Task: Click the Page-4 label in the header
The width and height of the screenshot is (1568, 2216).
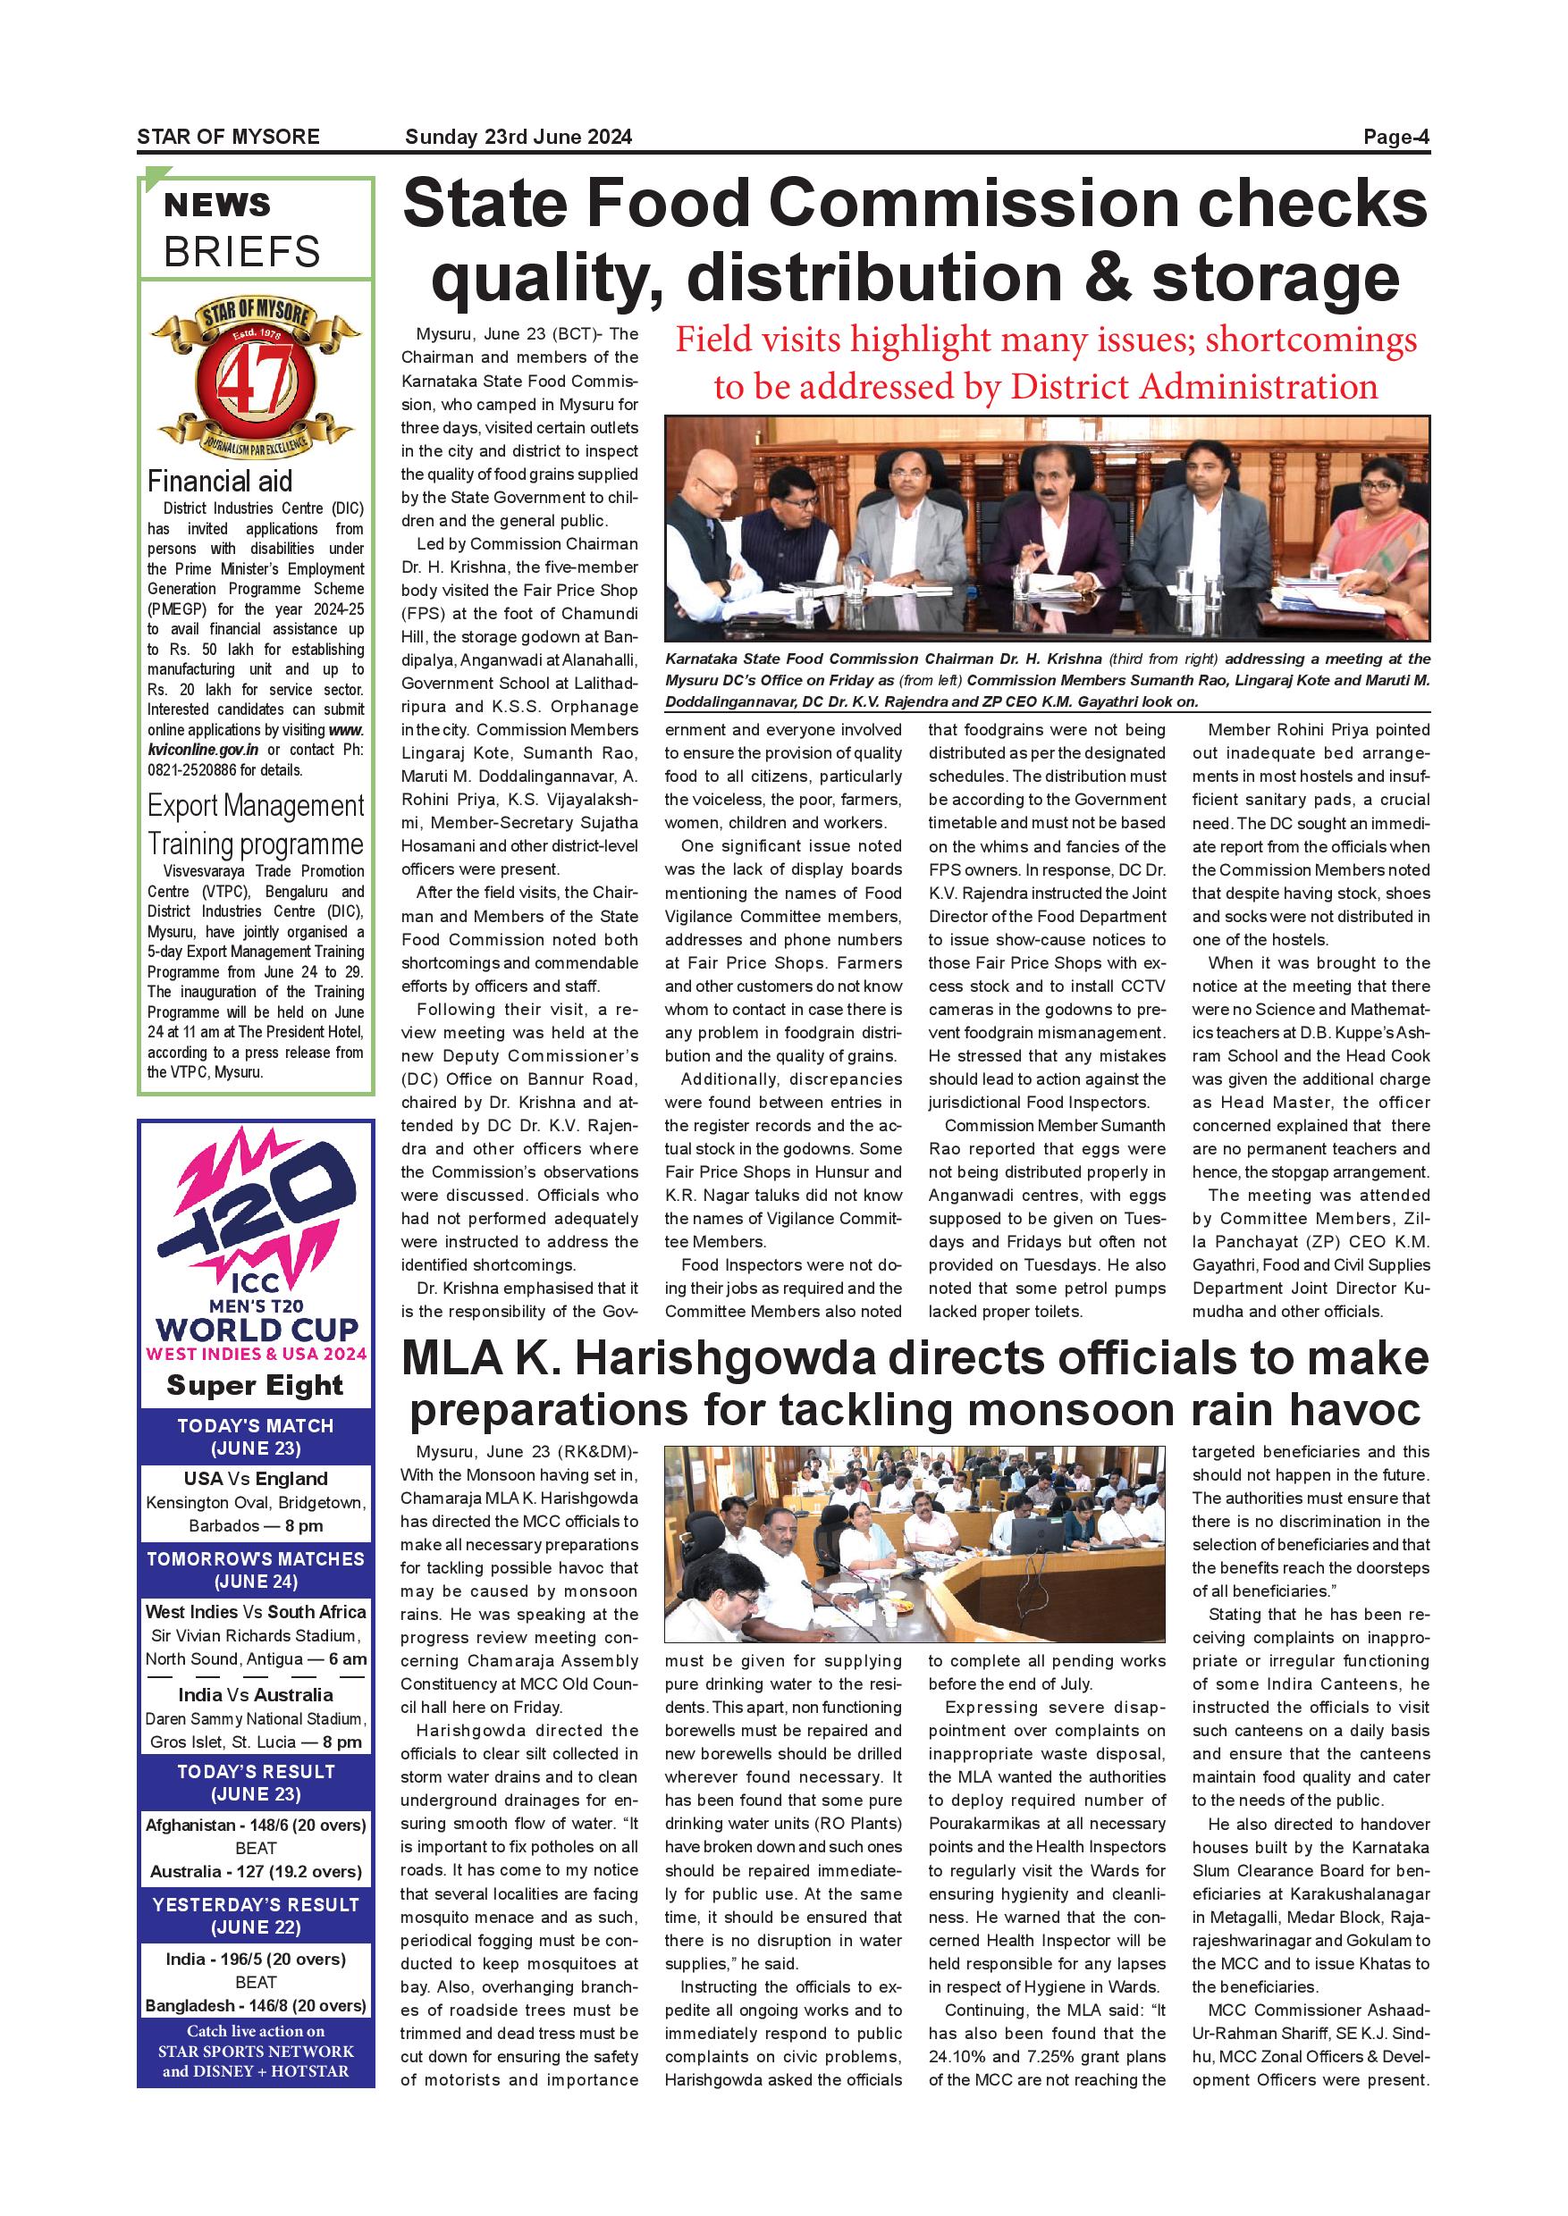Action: pyautogui.click(x=1395, y=137)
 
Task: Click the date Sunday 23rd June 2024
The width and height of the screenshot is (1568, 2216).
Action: pyautogui.click(x=518, y=137)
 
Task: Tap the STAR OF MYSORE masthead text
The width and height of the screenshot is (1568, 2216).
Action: pyautogui.click(x=228, y=137)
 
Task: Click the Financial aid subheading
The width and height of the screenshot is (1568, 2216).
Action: pyautogui.click(x=219, y=481)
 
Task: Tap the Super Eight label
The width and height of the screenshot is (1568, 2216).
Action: pyautogui.click(x=255, y=1385)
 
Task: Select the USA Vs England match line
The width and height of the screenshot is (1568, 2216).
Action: pyautogui.click(x=256, y=1479)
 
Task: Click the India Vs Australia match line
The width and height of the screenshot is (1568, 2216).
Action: pyautogui.click(x=256, y=1695)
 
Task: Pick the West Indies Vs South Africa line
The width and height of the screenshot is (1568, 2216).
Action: pyautogui.click(x=256, y=1612)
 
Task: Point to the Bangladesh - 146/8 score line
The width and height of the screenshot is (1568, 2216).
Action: pyautogui.click(x=256, y=2006)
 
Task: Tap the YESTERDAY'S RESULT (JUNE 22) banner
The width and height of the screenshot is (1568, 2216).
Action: pyautogui.click(x=256, y=1916)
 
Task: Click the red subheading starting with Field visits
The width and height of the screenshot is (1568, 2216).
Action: pyautogui.click(x=1046, y=363)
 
